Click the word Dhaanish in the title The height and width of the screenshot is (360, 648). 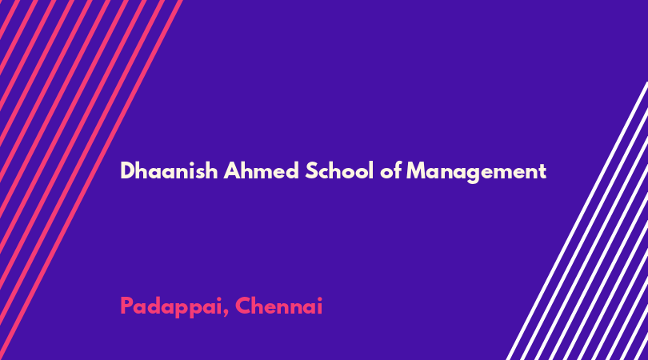click(169, 170)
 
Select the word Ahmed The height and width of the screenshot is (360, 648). click(261, 170)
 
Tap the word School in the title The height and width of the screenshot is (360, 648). click(339, 170)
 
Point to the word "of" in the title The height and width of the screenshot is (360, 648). click(390, 170)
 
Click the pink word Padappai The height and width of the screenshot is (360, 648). click(171, 307)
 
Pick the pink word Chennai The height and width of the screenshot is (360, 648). click(279, 306)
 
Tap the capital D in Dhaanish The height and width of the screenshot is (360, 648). click(128, 170)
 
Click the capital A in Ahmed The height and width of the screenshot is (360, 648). click(232, 170)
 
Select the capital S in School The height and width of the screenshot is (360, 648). click(312, 170)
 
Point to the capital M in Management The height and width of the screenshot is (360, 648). click(417, 170)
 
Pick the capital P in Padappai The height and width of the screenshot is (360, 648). click(126, 306)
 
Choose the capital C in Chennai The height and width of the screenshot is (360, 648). click(243, 306)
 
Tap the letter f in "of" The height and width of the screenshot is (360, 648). click(398, 170)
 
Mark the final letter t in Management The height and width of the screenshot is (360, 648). click(542, 172)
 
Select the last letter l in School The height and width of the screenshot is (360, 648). click(371, 170)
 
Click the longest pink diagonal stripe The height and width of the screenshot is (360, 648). click(90, 180)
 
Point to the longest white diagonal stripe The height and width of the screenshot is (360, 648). click(578, 221)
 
